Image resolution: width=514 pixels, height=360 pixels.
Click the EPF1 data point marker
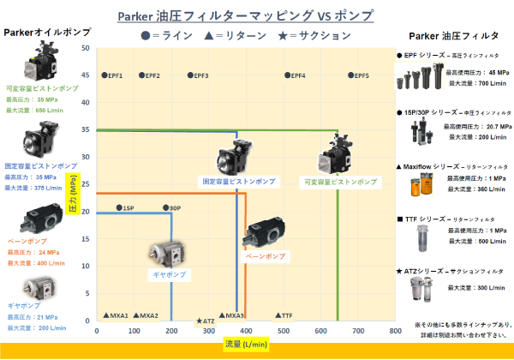[x=105, y=76]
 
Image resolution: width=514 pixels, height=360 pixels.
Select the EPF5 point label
[x=362, y=76]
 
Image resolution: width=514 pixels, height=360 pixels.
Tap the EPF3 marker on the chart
[x=190, y=76]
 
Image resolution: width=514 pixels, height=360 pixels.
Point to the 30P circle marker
[x=166, y=208]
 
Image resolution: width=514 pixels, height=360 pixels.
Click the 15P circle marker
[x=119, y=208]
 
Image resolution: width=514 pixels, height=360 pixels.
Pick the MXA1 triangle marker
[x=105, y=315]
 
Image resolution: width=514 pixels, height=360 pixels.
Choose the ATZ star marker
[x=199, y=321]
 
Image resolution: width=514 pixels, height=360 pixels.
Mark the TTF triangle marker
[x=278, y=315]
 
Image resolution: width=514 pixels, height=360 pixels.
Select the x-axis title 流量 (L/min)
[x=246, y=344]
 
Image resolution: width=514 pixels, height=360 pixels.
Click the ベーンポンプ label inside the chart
[x=265, y=256]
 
